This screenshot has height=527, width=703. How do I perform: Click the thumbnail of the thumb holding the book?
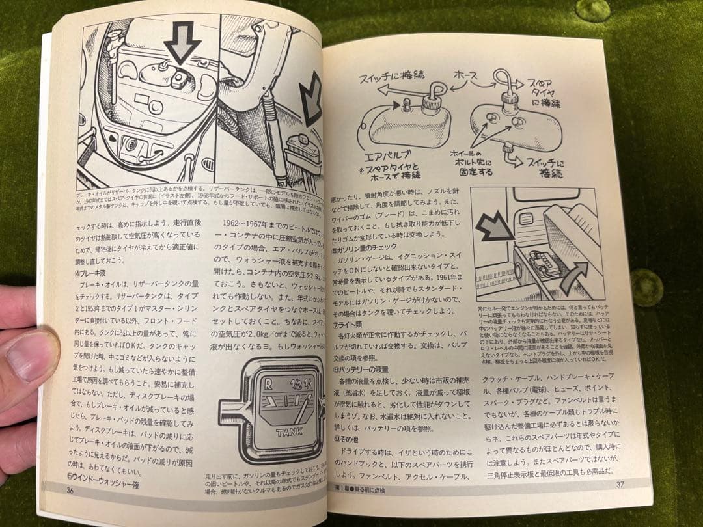tap(29, 355)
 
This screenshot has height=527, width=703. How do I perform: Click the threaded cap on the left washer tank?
tap(431, 102)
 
